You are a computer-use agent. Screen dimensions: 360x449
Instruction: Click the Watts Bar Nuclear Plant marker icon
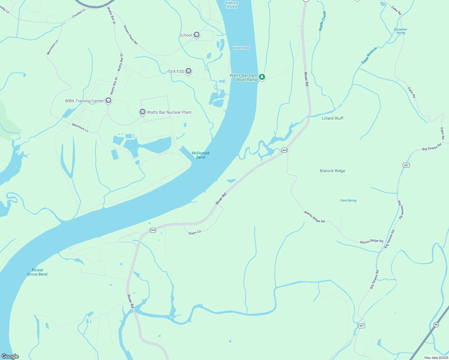pos(143,112)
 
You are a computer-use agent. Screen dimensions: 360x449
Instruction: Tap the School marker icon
pos(197,35)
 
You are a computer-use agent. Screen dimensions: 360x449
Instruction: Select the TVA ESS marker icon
pos(188,71)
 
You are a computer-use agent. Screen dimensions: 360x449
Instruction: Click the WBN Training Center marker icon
pos(109,101)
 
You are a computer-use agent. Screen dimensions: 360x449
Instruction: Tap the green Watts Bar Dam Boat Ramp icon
pos(262,77)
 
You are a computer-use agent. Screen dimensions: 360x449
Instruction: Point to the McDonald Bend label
pos(200,155)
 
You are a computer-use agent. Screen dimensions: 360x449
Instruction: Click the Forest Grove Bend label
pos(37,272)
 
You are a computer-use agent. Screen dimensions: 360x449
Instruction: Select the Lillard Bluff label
pos(333,118)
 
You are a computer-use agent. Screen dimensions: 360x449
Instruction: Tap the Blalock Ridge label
pos(333,171)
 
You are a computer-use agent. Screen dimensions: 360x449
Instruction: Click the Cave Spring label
pos(348,200)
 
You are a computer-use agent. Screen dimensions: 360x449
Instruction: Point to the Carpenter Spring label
pos(401,31)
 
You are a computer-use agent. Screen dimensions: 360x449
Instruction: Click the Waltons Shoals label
pos(231,4)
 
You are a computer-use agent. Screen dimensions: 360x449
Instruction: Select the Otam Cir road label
pos(195,232)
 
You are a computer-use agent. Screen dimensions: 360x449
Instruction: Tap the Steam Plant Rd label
pos(130,35)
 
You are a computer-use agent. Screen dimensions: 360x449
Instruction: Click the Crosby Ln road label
pos(79,13)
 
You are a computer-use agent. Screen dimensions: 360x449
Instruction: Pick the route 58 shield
pos(436,325)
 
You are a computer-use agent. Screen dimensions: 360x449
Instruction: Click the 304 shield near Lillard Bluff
pos(284,150)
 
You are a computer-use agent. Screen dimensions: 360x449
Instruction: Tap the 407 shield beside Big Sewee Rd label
pos(406,165)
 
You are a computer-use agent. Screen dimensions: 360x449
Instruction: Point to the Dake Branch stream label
pos(369,55)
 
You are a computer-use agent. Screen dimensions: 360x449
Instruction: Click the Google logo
pos(10,356)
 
